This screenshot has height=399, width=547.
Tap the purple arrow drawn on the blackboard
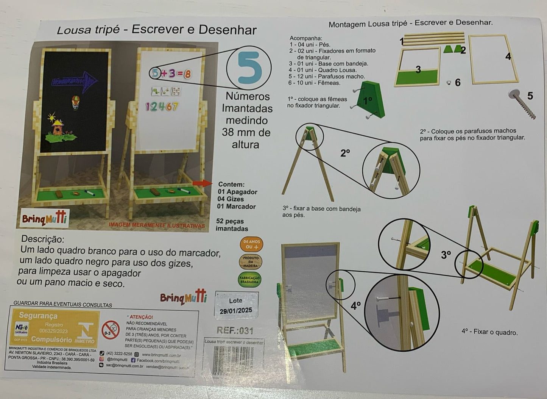point(75,80)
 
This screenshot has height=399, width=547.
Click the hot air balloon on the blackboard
point(76,102)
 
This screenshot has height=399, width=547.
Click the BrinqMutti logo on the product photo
point(44,219)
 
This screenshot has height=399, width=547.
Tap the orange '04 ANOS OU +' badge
point(251,244)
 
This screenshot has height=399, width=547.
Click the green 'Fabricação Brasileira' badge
point(249,280)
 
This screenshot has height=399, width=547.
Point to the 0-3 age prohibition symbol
point(111,330)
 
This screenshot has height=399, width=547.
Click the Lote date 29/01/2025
point(235,311)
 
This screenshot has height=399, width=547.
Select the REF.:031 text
point(235,330)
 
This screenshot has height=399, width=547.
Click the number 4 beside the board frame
point(508,57)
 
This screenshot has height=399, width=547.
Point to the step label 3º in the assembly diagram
point(446,255)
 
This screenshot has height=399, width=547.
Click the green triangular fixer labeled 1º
point(370,101)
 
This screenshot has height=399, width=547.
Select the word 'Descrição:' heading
point(43,239)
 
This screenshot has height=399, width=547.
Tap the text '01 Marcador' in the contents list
point(237,207)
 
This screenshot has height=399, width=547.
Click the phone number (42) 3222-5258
point(119,354)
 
